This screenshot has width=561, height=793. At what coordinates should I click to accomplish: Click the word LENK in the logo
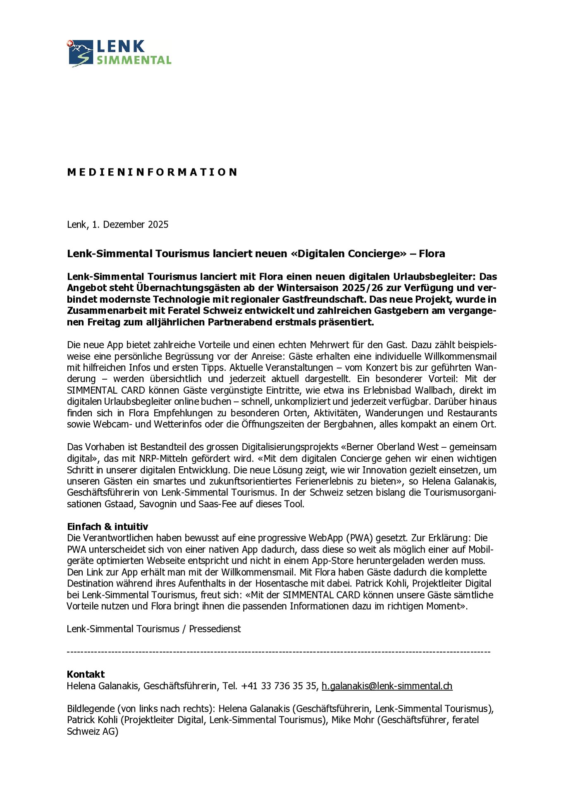121,46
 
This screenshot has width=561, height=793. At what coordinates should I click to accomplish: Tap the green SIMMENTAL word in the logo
134,60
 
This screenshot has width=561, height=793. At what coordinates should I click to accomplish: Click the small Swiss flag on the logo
69,43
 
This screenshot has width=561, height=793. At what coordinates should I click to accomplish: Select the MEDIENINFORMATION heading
152,172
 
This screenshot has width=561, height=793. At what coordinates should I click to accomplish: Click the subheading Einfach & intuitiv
107,527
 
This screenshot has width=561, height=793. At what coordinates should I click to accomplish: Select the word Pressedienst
215,629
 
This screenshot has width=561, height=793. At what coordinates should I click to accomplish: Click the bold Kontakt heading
86,674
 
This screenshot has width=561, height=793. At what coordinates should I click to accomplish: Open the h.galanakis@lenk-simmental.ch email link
387,686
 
